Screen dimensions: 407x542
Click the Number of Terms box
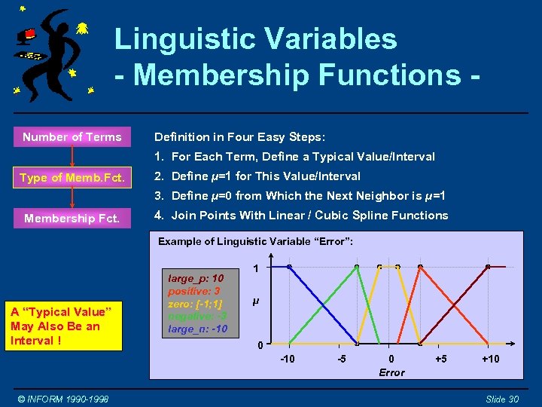(x=72, y=137)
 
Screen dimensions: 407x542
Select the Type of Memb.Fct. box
(x=72, y=178)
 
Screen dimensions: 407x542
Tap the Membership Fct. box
(x=72, y=219)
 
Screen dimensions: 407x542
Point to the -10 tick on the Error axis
(x=287, y=359)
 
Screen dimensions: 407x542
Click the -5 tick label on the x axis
(x=341, y=359)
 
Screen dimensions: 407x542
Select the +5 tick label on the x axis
(x=441, y=359)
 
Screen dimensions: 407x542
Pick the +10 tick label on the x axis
(x=490, y=359)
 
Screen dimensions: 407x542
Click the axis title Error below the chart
(x=391, y=372)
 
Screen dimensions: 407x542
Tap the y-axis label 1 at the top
(x=256, y=268)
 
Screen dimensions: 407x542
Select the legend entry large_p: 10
(x=195, y=279)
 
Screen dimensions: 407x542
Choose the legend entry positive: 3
(x=193, y=291)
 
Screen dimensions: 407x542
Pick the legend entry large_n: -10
(x=197, y=329)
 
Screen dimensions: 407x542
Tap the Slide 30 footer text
(x=501, y=399)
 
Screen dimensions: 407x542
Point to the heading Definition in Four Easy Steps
(x=239, y=137)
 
